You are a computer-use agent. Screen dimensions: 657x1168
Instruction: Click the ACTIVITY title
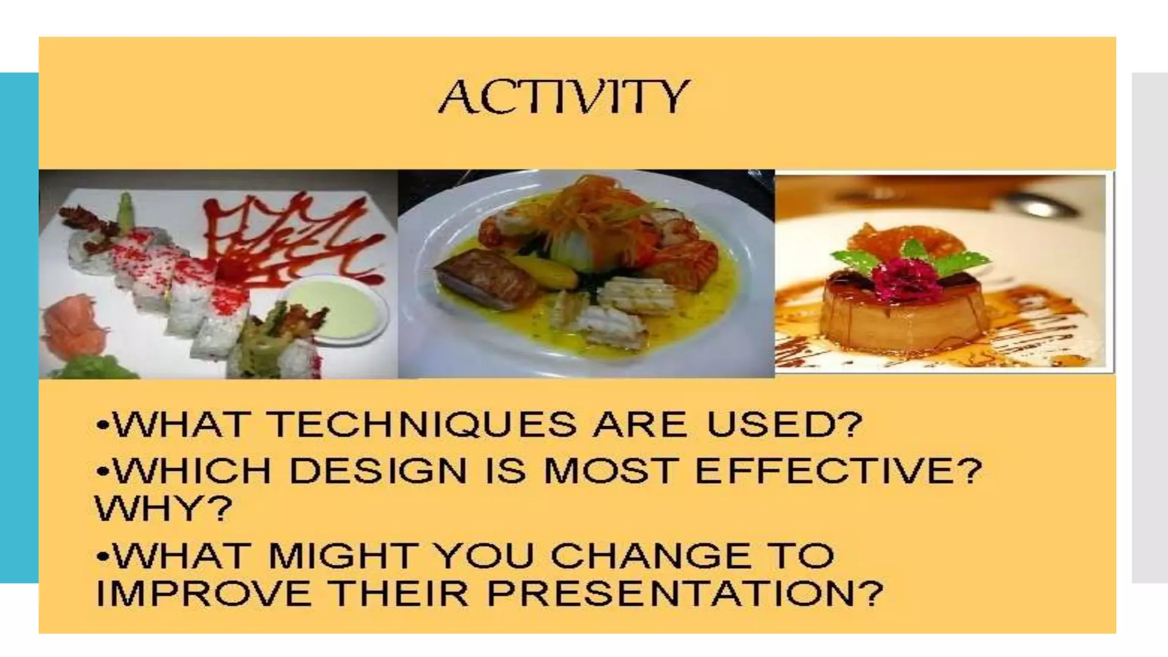(563, 97)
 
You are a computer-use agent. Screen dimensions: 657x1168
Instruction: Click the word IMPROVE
(203, 594)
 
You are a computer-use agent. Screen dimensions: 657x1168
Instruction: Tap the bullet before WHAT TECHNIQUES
(103, 426)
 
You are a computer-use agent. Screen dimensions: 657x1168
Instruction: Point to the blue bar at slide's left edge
(19, 328)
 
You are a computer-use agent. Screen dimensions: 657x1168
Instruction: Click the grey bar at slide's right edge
(1150, 328)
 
